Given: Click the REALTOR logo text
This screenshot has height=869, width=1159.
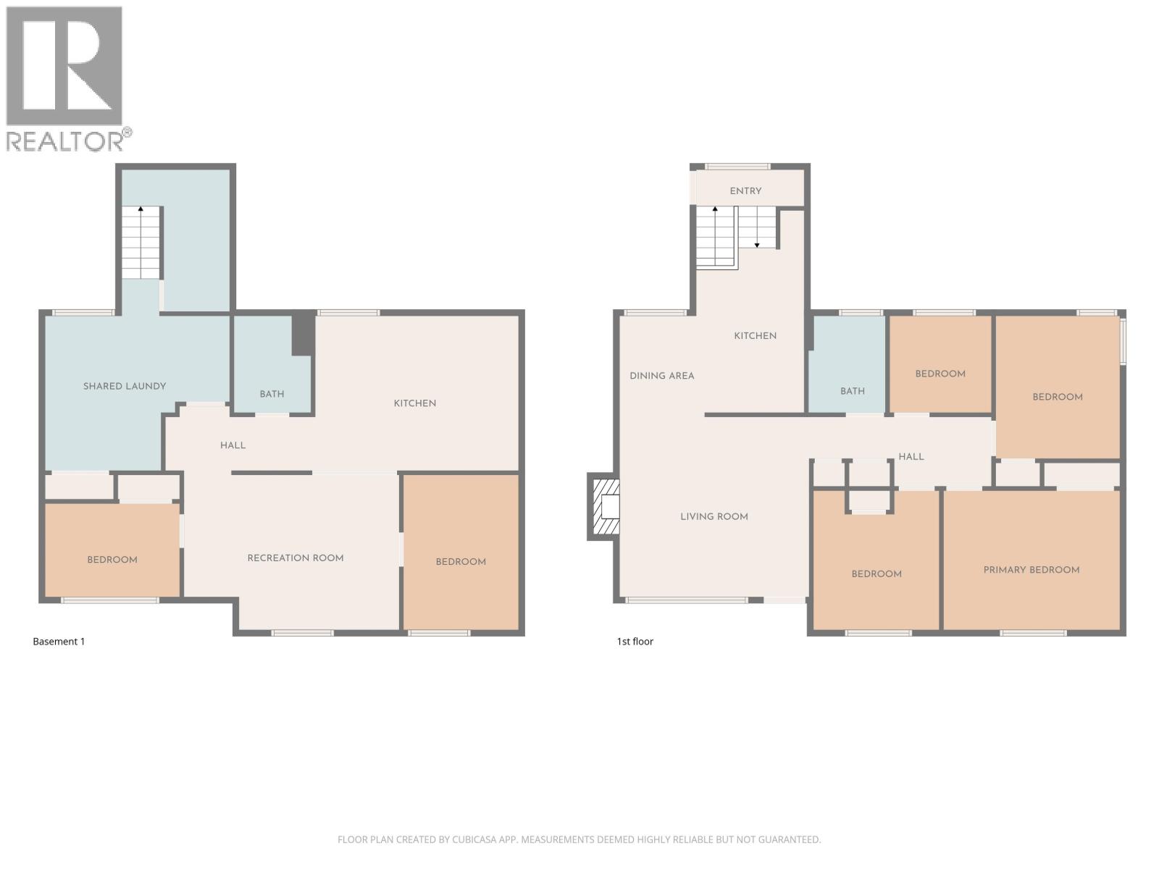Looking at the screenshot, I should point(65,140).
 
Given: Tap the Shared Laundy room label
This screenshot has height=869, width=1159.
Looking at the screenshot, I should point(125,386).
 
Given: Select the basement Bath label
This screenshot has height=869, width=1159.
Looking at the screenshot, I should point(272,394).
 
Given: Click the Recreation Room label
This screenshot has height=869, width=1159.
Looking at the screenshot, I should point(296,558).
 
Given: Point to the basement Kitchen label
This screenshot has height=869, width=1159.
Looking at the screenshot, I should point(414,403).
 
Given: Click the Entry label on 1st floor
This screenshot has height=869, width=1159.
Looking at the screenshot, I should point(745,190).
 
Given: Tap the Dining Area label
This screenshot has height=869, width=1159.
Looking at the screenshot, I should point(661,375).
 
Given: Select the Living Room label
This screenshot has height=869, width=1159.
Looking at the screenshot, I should point(714,516).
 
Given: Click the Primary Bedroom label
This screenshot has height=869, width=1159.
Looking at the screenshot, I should point(1031,570).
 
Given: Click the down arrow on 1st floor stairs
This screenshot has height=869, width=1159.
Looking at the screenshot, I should point(757,244).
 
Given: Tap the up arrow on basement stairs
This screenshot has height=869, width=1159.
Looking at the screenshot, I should point(141,210).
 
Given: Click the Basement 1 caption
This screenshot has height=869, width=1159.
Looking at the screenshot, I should point(59,642).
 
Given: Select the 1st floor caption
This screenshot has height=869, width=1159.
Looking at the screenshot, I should point(635,642).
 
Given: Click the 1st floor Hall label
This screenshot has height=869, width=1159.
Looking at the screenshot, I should point(911,456).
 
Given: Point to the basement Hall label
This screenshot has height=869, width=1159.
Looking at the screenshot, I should point(233,445).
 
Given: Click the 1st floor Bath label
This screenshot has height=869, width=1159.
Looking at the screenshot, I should point(852,391).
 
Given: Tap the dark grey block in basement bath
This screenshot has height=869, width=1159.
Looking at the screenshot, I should point(303,334).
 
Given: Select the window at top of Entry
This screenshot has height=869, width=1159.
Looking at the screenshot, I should point(738,167).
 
